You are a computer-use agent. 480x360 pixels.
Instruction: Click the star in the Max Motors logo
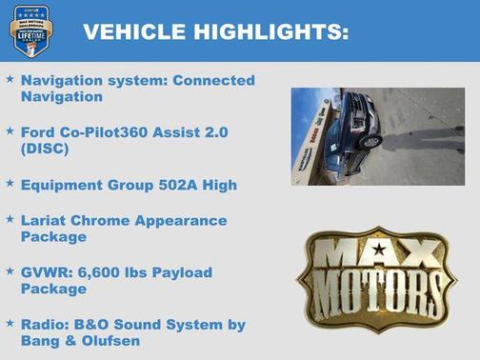(x=379, y=250)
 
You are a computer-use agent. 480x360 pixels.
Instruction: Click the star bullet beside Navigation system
(x=10, y=79)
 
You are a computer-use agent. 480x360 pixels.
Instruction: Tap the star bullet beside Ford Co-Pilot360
(x=10, y=129)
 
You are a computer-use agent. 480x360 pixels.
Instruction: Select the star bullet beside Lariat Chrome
(x=10, y=219)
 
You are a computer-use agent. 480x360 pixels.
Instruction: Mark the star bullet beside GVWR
(x=10, y=271)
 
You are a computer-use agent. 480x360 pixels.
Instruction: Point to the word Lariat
(x=44, y=220)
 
